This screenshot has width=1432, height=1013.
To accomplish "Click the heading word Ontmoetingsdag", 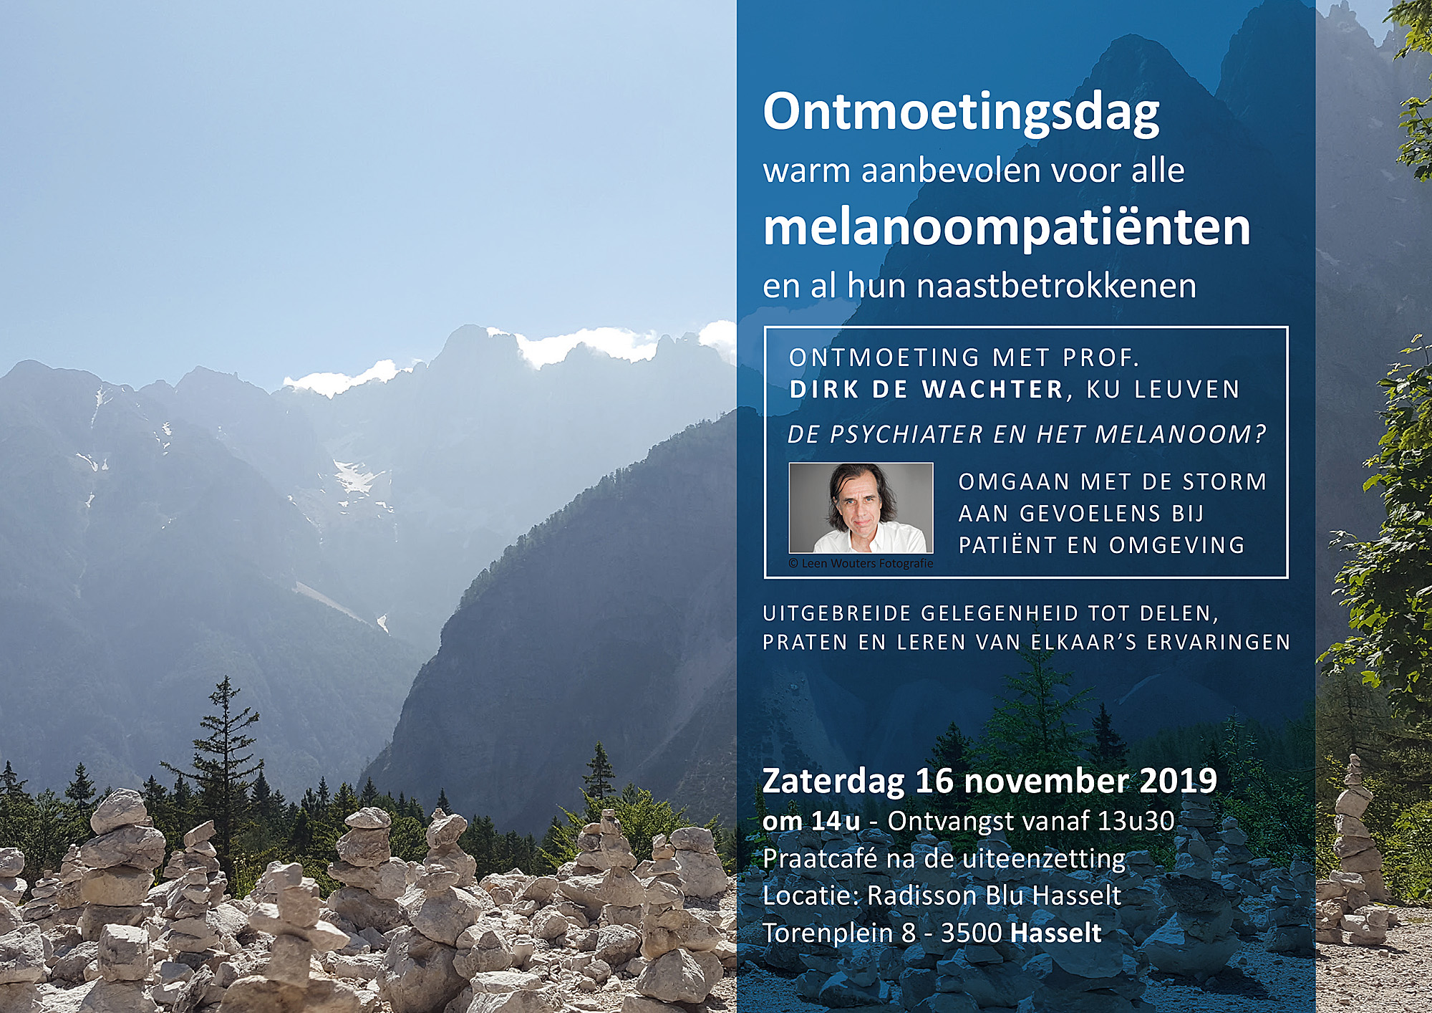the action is click(961, 113).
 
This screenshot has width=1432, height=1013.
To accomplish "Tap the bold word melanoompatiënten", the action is click(1007, 228).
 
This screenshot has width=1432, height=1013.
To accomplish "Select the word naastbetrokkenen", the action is click(1056, 285).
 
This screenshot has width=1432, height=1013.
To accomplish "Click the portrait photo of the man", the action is click(861, 507).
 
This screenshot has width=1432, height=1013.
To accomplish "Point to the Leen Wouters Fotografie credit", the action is click(861, 563).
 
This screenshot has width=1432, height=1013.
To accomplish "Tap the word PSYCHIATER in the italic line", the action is click(906, 434).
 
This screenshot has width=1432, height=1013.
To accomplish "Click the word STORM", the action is click(1224, 481).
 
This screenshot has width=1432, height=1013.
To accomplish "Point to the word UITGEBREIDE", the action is click(837, 613).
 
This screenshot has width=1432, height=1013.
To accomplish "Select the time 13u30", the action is click(1136, 821).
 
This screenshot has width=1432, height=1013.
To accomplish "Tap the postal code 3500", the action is click(972, 933).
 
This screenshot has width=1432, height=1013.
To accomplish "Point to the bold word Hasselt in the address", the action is click(1056, 933).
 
